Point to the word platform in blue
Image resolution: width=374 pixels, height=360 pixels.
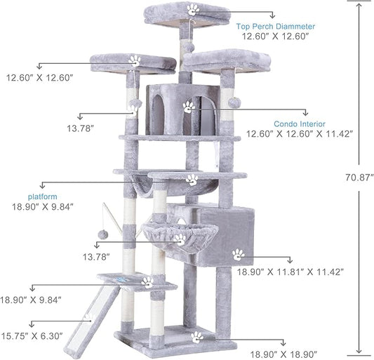pos(43,196)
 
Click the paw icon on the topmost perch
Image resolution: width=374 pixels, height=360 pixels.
pos(193,10)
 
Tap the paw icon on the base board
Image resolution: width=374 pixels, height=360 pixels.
pos(197,338)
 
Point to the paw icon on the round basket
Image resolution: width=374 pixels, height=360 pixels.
pos(180,239)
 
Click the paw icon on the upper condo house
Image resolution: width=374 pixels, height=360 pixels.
pos(188,107)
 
